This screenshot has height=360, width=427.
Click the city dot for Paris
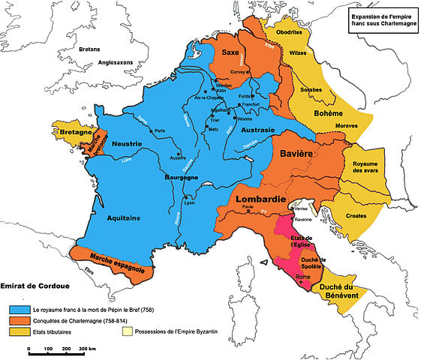click(x=150, y=131)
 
